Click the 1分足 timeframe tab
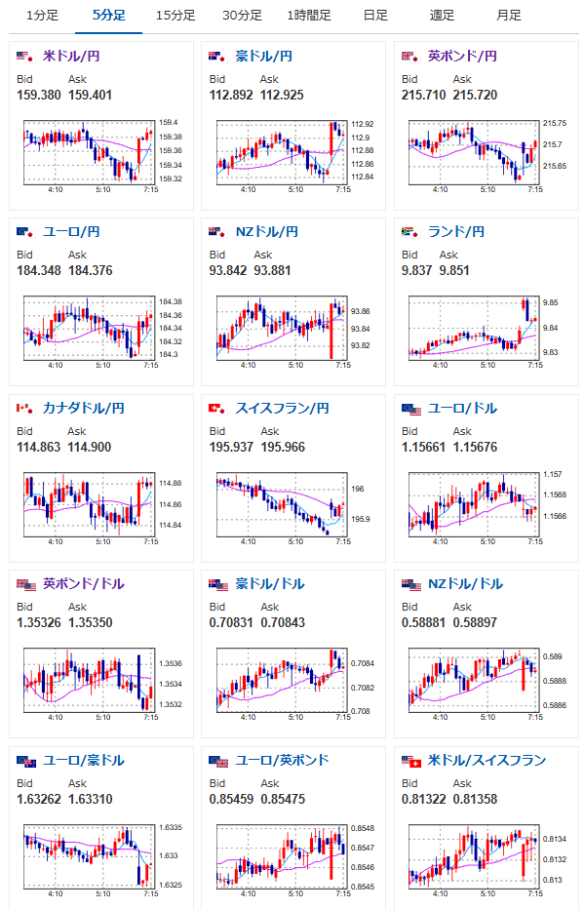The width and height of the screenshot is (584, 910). click(x=42, y=15)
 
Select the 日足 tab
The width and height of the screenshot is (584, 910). click(x=375, y=15)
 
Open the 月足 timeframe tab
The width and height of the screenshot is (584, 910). click(x=509, y=15)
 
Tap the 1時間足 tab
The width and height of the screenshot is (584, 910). click(x=308, y=15)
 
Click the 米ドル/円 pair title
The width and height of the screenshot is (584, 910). click(x=71, y=57)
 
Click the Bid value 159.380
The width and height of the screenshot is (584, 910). click(x=39, y=95)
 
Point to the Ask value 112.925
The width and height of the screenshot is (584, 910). click(x=282, y=95)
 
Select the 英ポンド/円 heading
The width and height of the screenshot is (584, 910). click(x=462, y=57)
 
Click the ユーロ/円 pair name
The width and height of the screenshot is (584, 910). click(x=71, y=232)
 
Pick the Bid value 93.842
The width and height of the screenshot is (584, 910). click(x=228, y=270)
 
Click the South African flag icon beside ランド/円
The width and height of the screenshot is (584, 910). click(x=410, y=232)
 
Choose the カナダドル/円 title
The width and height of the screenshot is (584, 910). click(x=84, y=408)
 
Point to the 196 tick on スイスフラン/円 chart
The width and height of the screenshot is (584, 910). click(x=358, y=490)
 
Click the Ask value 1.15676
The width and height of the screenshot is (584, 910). click(x=475, y=447)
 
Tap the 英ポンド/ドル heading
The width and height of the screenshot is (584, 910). click(x=84, y=584)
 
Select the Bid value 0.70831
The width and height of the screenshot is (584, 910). click(x=231, y=622)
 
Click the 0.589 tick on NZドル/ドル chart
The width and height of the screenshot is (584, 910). click(x=553, y=656)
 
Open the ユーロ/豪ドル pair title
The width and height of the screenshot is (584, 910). click(x=84, y=760)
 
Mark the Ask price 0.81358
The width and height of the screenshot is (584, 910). click(x=475, y=799)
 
